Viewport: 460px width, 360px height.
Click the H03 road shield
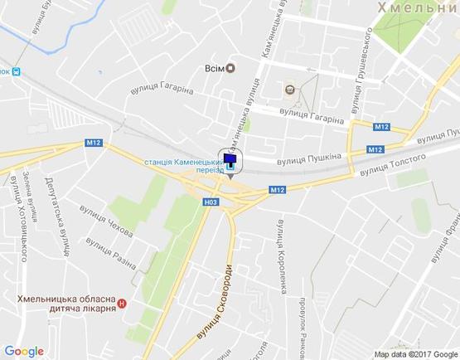pyautogui.click(x=211, y=202)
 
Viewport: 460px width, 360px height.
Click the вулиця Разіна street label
pyautogui.click(x=109, y=249)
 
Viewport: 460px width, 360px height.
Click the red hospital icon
pyautogui.click(x=123, y=304)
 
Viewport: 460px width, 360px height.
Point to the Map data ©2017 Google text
pyautogui.click(x=414, y=354)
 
